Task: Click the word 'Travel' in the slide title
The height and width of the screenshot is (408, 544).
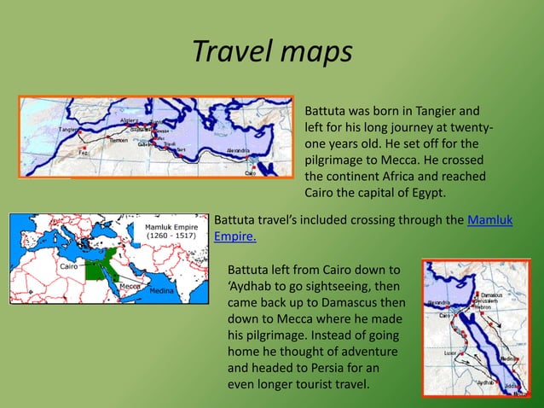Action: [x=227, y=51]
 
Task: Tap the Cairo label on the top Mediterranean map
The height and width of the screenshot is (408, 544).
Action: [x=250, y=172]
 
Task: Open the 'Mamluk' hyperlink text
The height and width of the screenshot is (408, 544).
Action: [x=490, y=219]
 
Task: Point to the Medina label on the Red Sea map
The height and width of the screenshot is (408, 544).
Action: [x=509, y=358]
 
